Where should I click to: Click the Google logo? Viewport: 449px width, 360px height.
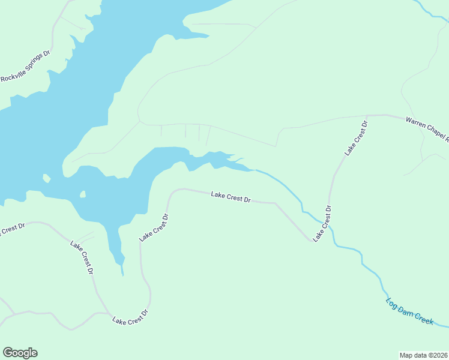pos(20,353)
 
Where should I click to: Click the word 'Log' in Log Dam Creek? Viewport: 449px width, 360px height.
pos(392,302)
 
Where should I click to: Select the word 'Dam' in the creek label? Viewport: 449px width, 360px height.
pos(406,310)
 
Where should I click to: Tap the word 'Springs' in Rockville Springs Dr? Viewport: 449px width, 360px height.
pos(36,62)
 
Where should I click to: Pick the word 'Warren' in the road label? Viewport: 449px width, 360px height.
pos(416,123)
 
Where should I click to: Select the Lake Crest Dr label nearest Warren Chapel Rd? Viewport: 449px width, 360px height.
pos(355,139)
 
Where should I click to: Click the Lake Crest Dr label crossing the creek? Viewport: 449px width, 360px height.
pos(322,224)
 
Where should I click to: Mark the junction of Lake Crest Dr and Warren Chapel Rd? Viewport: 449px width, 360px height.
pos(367,115)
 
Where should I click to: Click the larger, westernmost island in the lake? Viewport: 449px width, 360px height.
pos(46,178)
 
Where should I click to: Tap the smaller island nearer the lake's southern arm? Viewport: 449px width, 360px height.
pos(83,194)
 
